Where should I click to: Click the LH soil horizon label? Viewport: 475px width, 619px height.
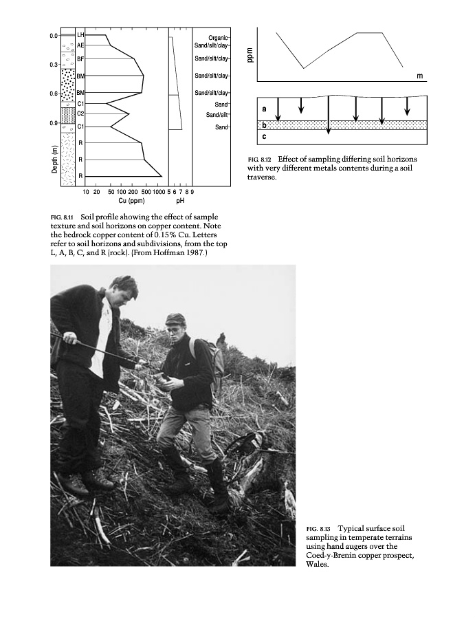click(x=81, y=34)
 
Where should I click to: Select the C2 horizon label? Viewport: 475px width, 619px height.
click(x=81, y=113)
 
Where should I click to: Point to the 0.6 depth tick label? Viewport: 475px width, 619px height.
click(x=54, y=94)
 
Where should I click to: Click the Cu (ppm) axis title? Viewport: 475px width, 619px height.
click(x=131, y=202)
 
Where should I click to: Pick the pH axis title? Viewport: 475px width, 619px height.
click(x=180, y=202)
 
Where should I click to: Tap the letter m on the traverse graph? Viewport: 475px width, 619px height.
click(x=419, y=75)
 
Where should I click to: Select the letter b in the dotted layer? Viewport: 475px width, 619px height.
click(x=265, y=125)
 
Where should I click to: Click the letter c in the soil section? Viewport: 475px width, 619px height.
click(x=265, y=137)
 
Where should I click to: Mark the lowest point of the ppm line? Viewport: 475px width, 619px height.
click(x=304, y=68)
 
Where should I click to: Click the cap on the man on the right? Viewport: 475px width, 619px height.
click(x=176, y=319)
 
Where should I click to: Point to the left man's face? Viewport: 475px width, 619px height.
click(x=128, y=293)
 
